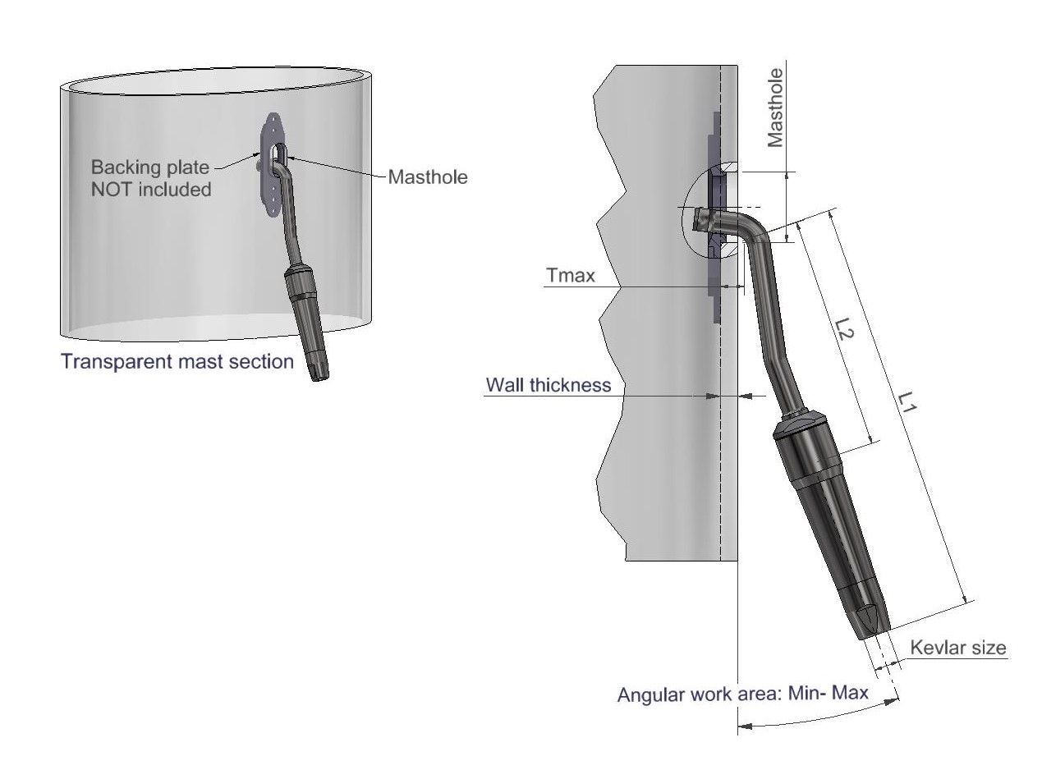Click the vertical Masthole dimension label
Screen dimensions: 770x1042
[775, 108]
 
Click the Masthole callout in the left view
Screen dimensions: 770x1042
[427, 176]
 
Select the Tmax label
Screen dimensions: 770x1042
[570, 275]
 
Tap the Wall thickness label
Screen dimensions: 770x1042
[549, 384]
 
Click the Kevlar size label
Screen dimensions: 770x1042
[957, 648]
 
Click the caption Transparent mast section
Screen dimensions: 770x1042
[177, 361]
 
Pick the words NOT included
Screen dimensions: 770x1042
[151, 189]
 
